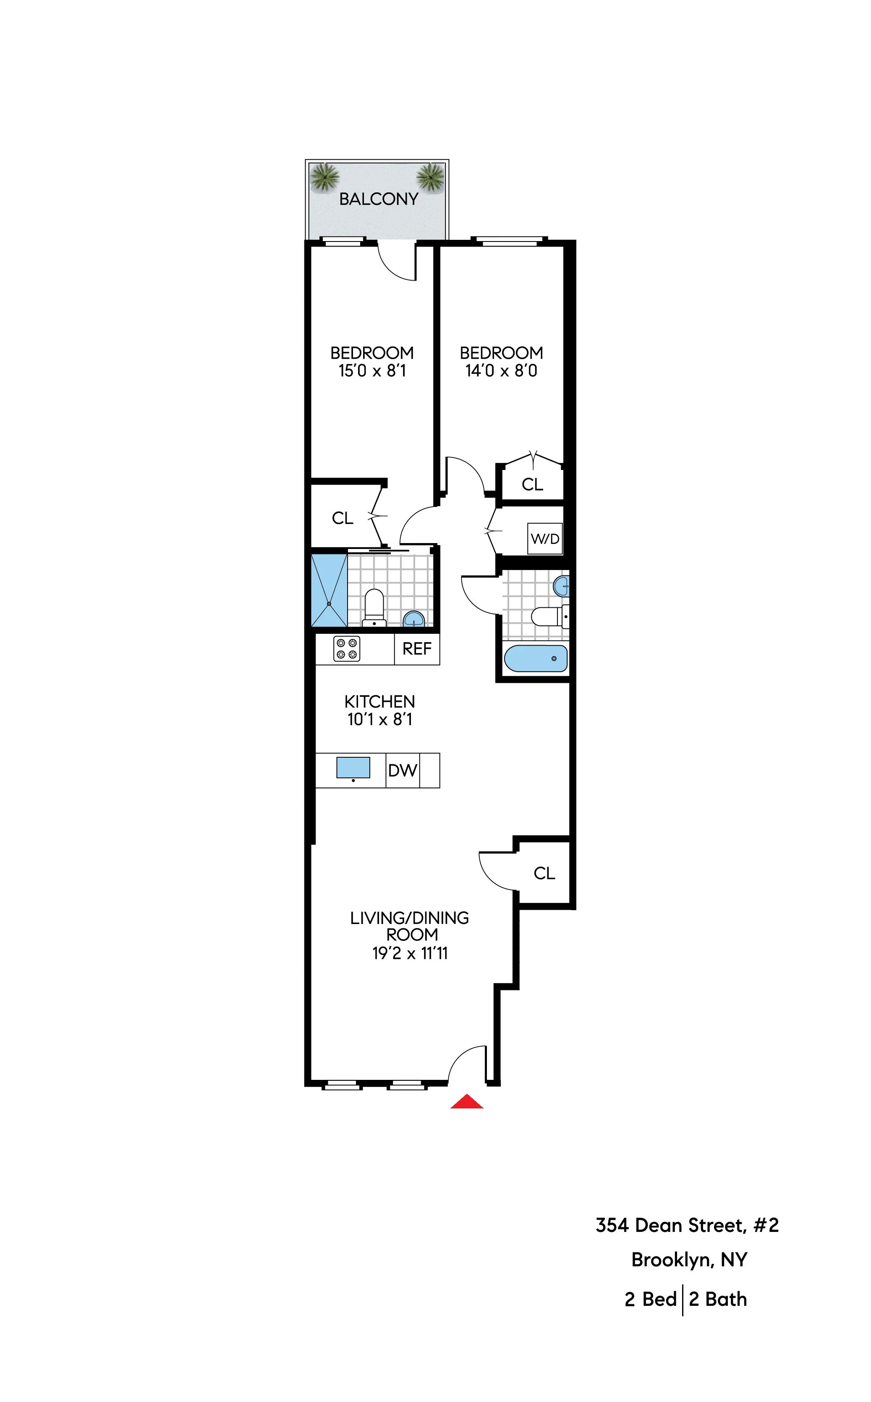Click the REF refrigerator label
pyautogui.click(x=416, y=649)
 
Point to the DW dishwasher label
pyautogui.click(x=402, y=770)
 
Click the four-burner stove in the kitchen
pyautogui.click(x=347, y=648)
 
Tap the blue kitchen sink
pyautogui.click(x=353, y=767)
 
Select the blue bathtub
pyautogui.click(x=536, y=658)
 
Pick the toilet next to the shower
pyautogui.click(x=374, y=607)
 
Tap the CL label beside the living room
pyautogui.click(x=544, y=874)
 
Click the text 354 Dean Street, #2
pyautogui.click(x=687, y=1225)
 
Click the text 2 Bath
pyautogui.click(x=718, y=1300)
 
